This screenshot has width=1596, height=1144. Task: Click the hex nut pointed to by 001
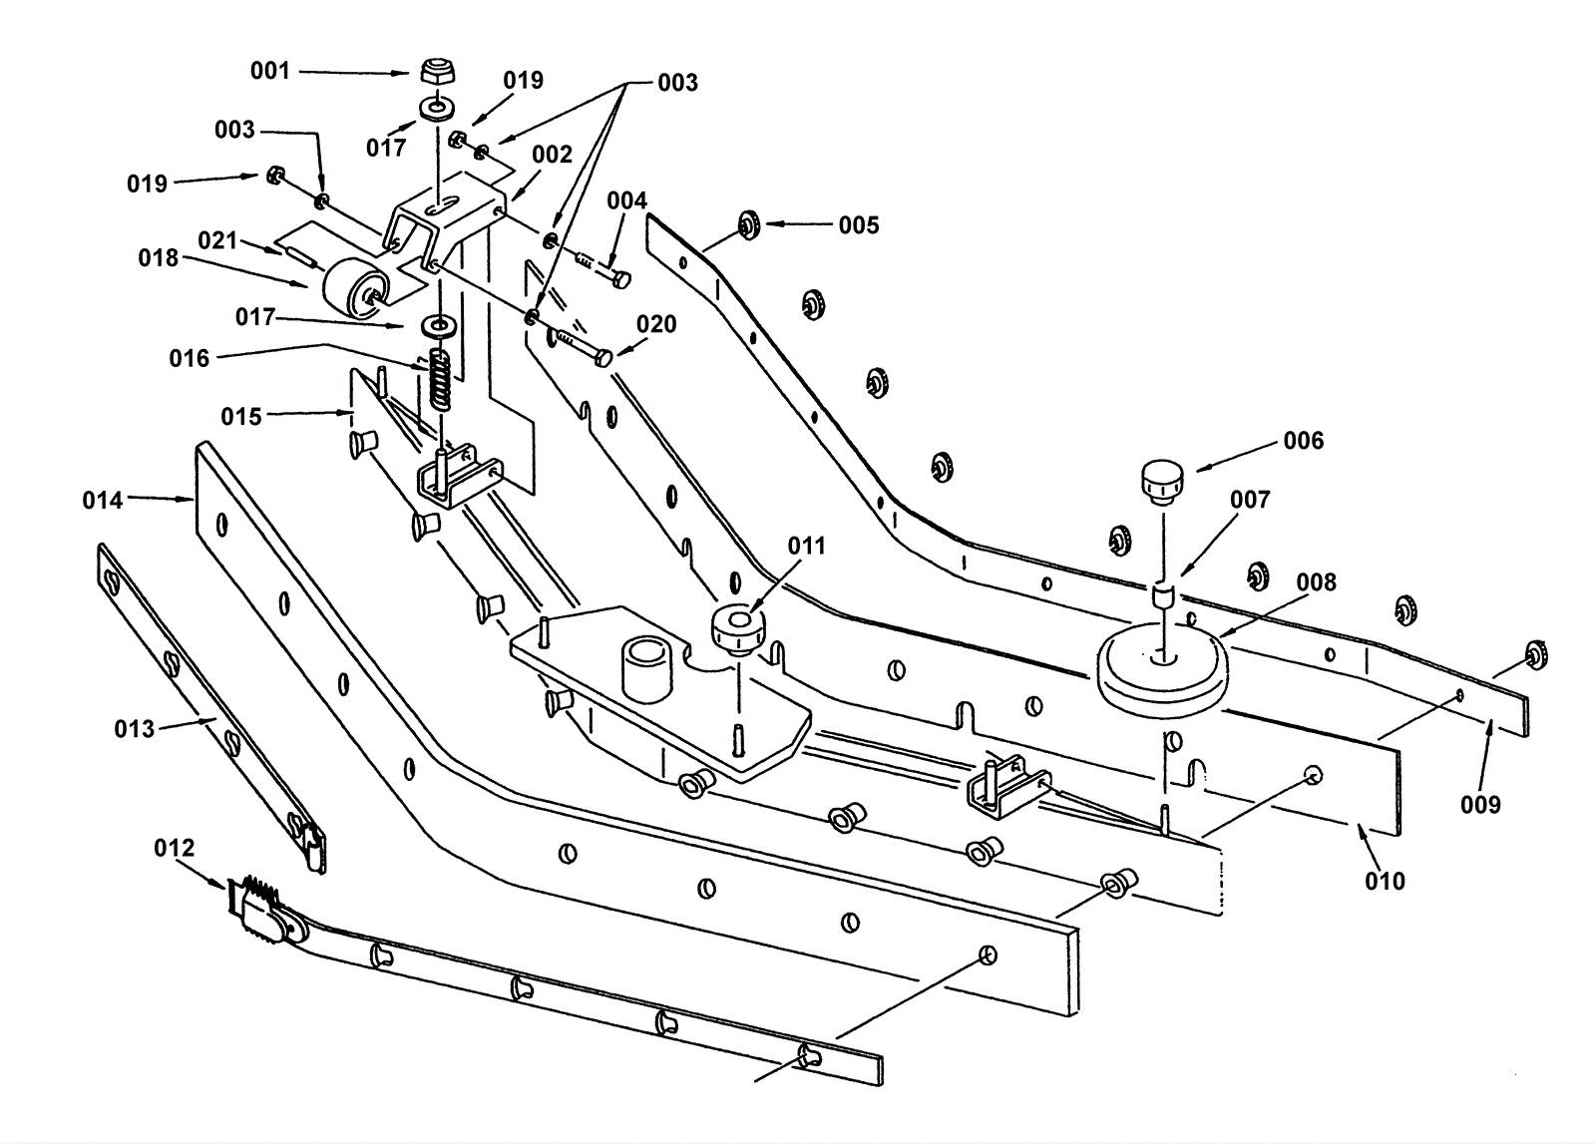click(x=438, y=72)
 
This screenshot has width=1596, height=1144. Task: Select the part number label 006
click(x=1303, y=441)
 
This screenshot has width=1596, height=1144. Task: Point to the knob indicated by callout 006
click(x=1162, y=483)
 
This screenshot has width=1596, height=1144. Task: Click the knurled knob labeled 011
click(x=739, y=629)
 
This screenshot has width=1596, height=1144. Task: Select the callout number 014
click(x=103, y=501)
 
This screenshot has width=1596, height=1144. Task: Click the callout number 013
click(x=134, y=729)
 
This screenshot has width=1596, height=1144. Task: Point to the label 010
click(x=1386, y=881)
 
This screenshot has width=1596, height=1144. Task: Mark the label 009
click(x=1480, y=805)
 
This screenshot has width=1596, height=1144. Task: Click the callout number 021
click(x=217, y=240)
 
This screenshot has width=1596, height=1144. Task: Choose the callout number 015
click(x=241, y=417)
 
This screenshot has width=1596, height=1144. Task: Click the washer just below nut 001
click(x=438, y=110)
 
